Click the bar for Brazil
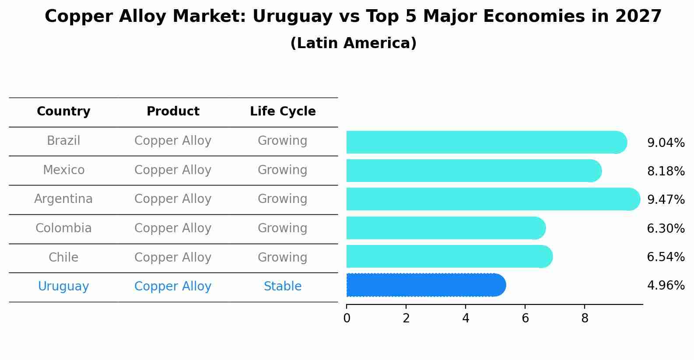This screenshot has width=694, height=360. (486, 142)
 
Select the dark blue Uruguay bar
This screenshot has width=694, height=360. (425, 285)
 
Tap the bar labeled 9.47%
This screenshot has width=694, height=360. (492, 199)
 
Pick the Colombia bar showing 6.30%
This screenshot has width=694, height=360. (445, 228)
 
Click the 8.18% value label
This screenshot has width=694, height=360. (666, 171)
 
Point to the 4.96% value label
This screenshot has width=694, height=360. (666, 286)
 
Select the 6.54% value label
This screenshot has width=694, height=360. (666, 257)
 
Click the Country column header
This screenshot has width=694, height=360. (63, 112)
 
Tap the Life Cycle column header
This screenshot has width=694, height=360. (283, 112)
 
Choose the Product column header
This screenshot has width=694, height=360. (173, 112)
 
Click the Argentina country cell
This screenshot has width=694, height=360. (63, 199)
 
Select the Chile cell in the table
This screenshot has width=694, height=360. (63, 257)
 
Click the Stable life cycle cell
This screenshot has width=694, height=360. (283, 287)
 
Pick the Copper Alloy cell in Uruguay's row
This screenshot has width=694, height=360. (173, 287)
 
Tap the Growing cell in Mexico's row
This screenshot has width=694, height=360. (283, 170)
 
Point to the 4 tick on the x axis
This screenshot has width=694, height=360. (466, 318)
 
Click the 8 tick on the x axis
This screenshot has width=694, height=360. (585, 318)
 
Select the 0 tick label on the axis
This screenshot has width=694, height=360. (347, 318)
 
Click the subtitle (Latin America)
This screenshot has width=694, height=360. (353, 43)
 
